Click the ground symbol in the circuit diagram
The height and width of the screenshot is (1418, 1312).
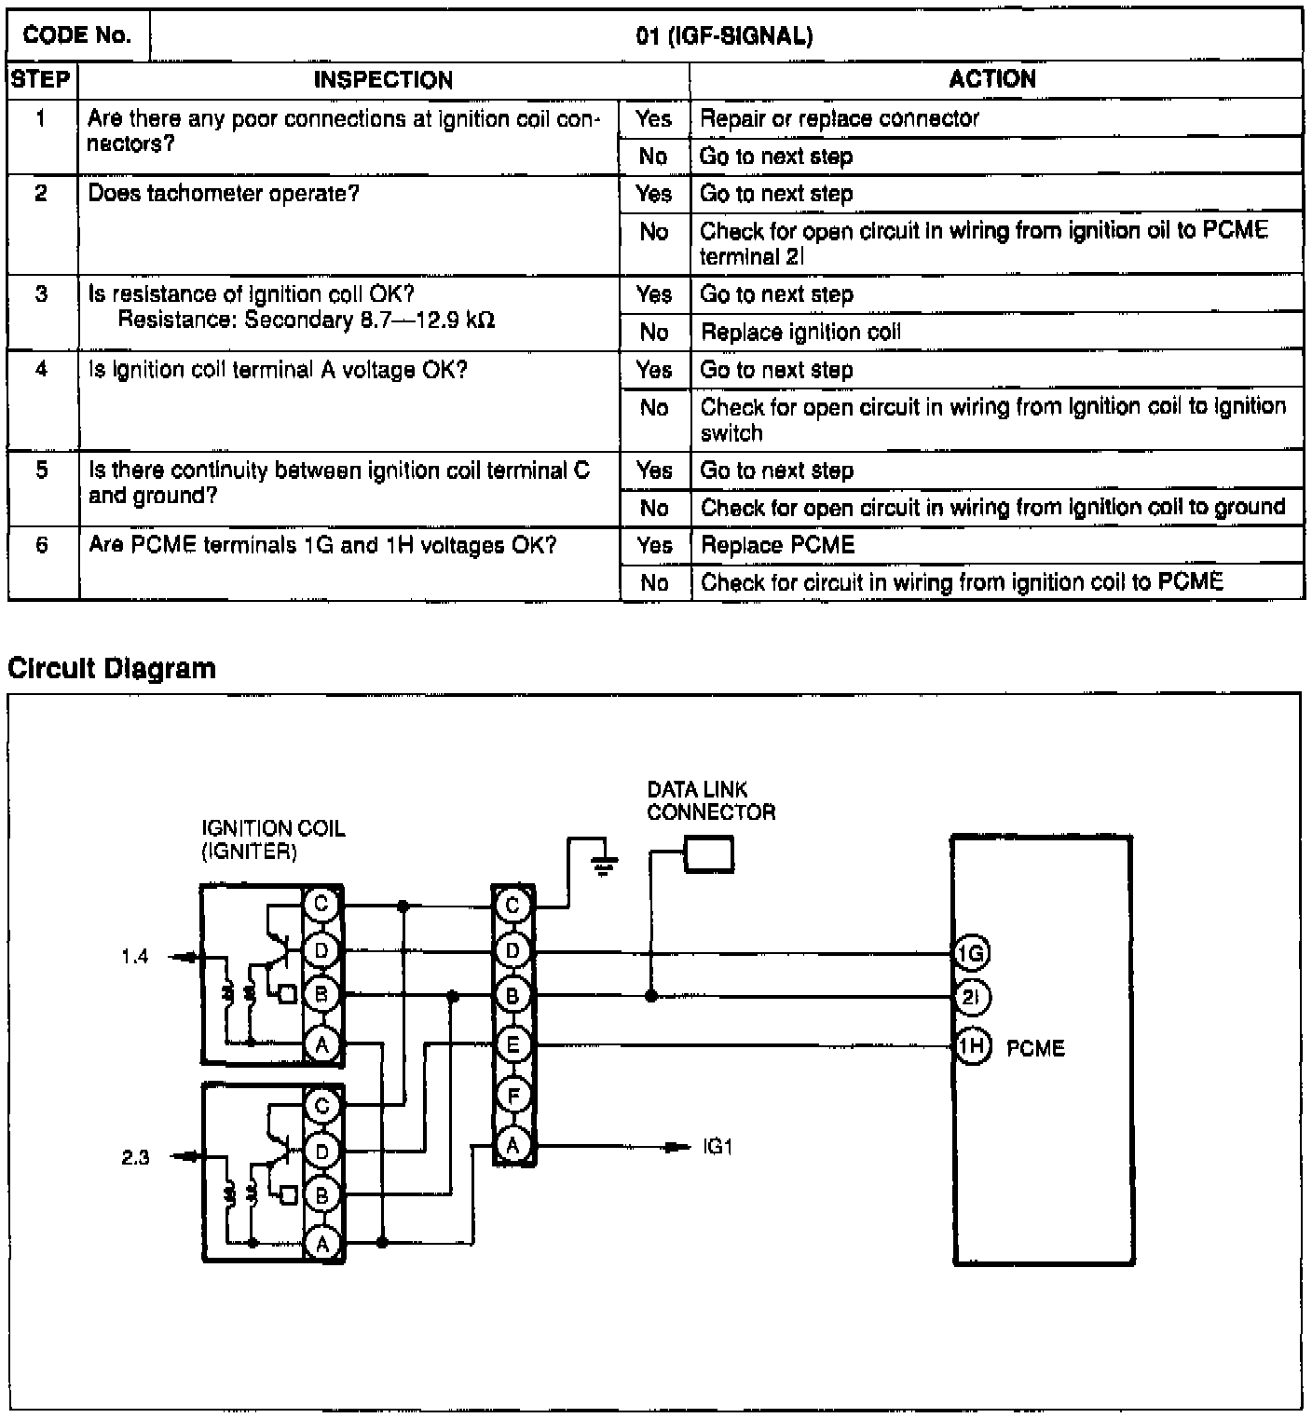point(605,866)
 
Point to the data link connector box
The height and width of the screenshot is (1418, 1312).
point(709,854)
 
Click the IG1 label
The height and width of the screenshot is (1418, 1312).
point(717,1147)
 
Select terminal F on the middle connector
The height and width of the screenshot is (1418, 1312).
point(513,1096)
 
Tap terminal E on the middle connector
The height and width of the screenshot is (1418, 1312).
point(513,1045)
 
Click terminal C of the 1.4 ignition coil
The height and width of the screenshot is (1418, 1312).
point(321,903)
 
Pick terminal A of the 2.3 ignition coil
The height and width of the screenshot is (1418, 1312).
point(322,1244)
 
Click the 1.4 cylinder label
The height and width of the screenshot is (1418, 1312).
point(135,957)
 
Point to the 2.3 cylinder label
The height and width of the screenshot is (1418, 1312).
point(136,1158)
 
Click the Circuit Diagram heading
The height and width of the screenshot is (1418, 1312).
point(112,668)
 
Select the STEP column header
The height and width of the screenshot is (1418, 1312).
point(41,79)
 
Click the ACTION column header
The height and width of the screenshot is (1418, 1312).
point(992,79)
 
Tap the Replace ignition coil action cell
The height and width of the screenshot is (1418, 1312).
point(800,333)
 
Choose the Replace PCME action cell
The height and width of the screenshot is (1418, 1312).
point(777,545)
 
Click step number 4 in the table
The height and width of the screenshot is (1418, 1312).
point(42,370)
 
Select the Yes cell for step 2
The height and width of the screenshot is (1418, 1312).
point(653,194)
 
